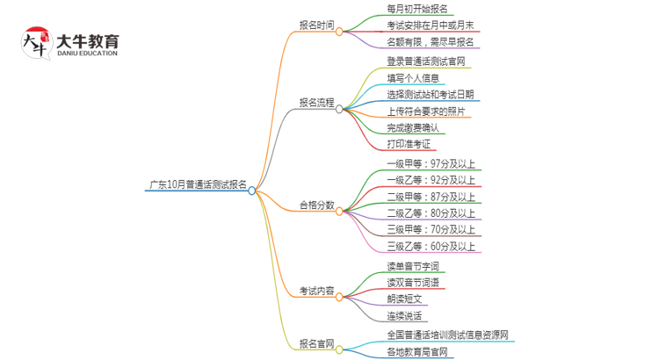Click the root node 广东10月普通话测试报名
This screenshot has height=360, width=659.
pyautogui.click(x=198, y=185)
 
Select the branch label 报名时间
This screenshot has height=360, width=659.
pyautogui.click(x=317, y=25)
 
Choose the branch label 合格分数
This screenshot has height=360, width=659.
pyautogui.click(x=317, y=205)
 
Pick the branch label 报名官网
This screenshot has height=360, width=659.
pyautogui.click(x=317, y=343)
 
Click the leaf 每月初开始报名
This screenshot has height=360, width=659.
pyautogui.click(x=417, y=9)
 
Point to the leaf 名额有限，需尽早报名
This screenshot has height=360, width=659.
pyautogui.click(x=431, y=42)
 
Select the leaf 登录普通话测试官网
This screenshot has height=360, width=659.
pyautogui.click(x=426, y=61)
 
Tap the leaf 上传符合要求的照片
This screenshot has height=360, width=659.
pyautogui.click(x=426, y=112)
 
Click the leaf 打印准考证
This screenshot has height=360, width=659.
pyautogui.click(x=409, y=144)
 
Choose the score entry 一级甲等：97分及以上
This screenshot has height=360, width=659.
pyautogui.click(x=431, y=163)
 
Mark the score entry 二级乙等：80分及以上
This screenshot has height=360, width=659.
pyautogui.click(x=431, y=213)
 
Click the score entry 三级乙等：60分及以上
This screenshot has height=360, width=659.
pyautogui.click(x=431, y=247)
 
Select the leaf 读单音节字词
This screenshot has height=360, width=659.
pyautogui.click(x=413, y=266)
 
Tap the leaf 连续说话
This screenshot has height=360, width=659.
pyautogui.click(x=405, y=316)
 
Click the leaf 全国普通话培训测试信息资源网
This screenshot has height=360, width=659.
pyautogui.click(x=447, y=335)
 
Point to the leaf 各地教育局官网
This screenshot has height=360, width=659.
pyautogui.click(x=417, y=352)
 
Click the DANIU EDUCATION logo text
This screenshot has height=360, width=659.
pyautogui.click(x=87, y=53)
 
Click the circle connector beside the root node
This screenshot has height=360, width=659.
pyautogui.click(x=252, y=190)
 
